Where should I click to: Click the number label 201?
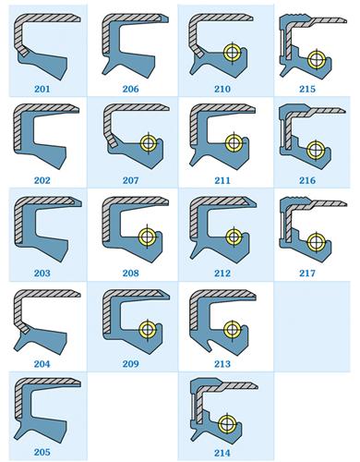tap(42, 89)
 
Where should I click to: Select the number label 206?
tap(131, 89)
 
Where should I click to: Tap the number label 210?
tap(222, 89)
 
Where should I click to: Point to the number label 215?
tap(307, 89)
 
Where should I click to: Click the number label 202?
tap(42, 180)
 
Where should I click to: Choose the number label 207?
tap(131, 180)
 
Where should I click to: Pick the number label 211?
tap(222, 180)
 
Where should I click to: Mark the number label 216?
tap(307, 180)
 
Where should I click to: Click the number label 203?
tap(42, 273)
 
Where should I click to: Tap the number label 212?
tap(222, 273)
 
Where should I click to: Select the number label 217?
tap(307, 273)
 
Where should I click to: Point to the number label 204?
tap(42, 364)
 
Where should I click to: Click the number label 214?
tap(222, 453)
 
